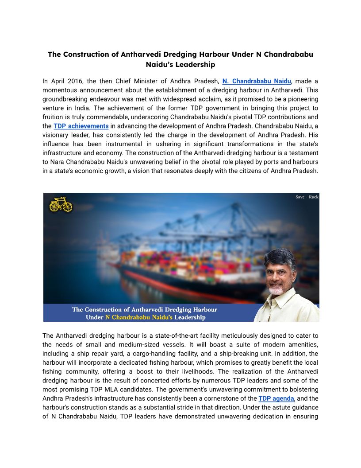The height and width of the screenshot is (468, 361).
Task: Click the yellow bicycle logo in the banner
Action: click(61, 204)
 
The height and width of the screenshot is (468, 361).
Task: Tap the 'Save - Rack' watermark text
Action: click(307, 197)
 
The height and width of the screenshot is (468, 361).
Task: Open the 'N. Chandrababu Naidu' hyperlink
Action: click(257, 81)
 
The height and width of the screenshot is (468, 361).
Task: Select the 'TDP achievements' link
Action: click(81, 126)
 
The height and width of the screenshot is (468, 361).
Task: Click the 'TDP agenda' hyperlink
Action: click(276, 398)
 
